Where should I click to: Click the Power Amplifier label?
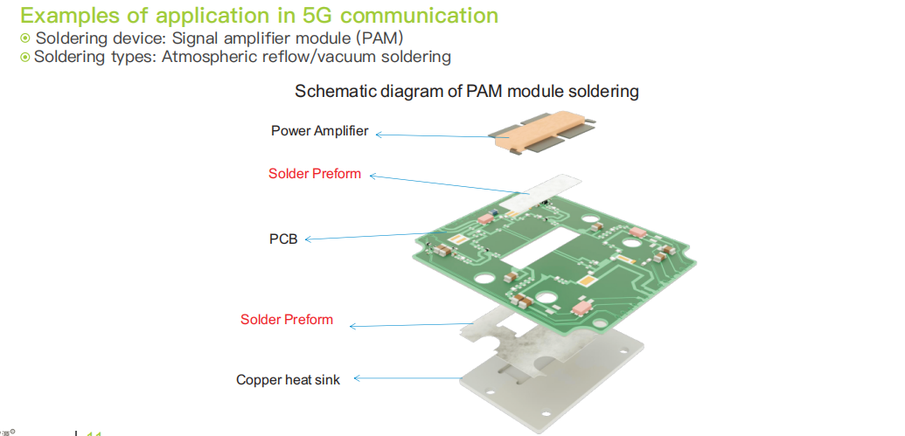tap(319, 131)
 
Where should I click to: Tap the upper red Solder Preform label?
tap(314, 173)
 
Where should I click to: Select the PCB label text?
tap(283, 238)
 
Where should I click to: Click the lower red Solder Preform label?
tap(287, 319)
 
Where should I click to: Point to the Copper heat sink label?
tap(288, 379)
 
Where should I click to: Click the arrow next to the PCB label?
tap(367, 236)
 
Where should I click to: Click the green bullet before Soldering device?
tap(25, 38)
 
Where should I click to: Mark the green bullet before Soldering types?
tap(25, 57)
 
